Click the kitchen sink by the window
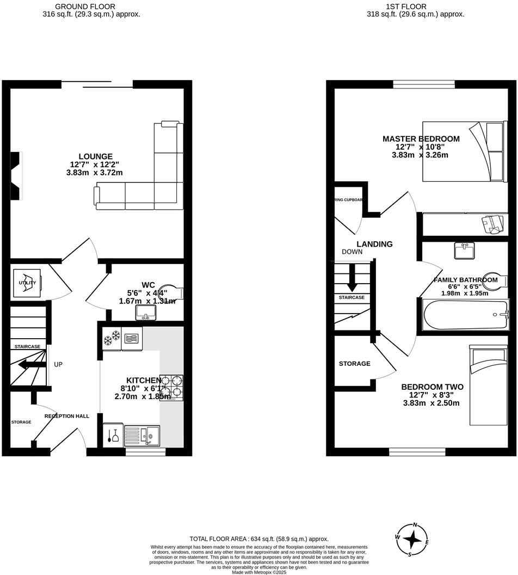[x=142, y=435]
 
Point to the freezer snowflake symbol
[x=112, y=338]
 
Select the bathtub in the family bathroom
[x=465, y=315]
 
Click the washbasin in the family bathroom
[x=464, y=250]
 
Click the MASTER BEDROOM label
[x=421, y=139]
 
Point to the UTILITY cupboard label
[x=27, y=283]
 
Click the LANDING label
[x=374, y=244]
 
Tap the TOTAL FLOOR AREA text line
[x=258, y=539]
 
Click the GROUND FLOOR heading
[x=85, y=6]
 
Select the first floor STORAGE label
[x=354, y=363]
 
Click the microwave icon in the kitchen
[x=132, y=338]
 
